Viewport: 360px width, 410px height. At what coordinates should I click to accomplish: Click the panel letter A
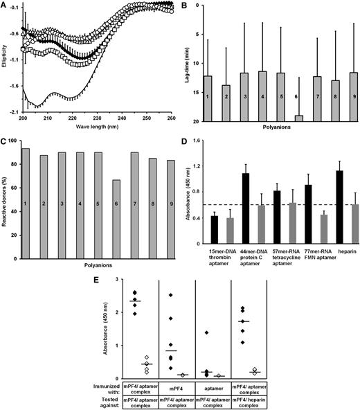[5, 6]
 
